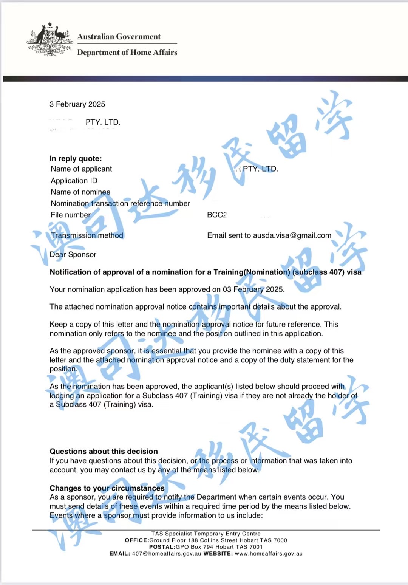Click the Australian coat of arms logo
pos(50,40)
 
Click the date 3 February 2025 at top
pos(77,104)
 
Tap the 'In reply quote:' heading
pos(76,159)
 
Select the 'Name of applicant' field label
pos(81,169)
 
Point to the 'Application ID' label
pos(74,181)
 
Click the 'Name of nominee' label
pos(80,192)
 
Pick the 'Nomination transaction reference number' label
pos(120,203)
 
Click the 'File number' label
pos(71,215)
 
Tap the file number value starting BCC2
pos(217,215)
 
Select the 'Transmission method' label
pos(87,235)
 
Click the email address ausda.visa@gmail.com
pos(292,235)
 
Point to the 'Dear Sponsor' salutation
pos(73,255)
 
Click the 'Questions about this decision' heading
pos(104,451)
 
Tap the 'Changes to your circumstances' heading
pos(107,488)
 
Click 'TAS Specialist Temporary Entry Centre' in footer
pos(206,534)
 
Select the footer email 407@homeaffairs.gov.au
pos(167,554)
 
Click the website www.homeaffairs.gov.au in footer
pos(269,554)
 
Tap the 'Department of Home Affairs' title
pos(127,53)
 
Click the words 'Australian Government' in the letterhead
pos(119,37)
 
